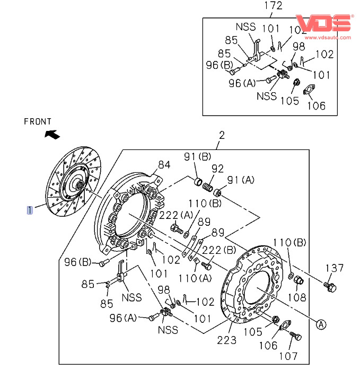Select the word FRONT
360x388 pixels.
[38, 121]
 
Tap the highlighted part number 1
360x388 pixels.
[30, 210]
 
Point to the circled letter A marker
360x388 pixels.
[321, 324]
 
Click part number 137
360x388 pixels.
[335, 268]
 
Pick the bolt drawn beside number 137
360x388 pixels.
[330, 287]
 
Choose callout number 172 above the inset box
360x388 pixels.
[273, 6]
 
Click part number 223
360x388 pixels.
[226, 340]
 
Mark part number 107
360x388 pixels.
[288, 356]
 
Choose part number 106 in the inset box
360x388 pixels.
[316, 105]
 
